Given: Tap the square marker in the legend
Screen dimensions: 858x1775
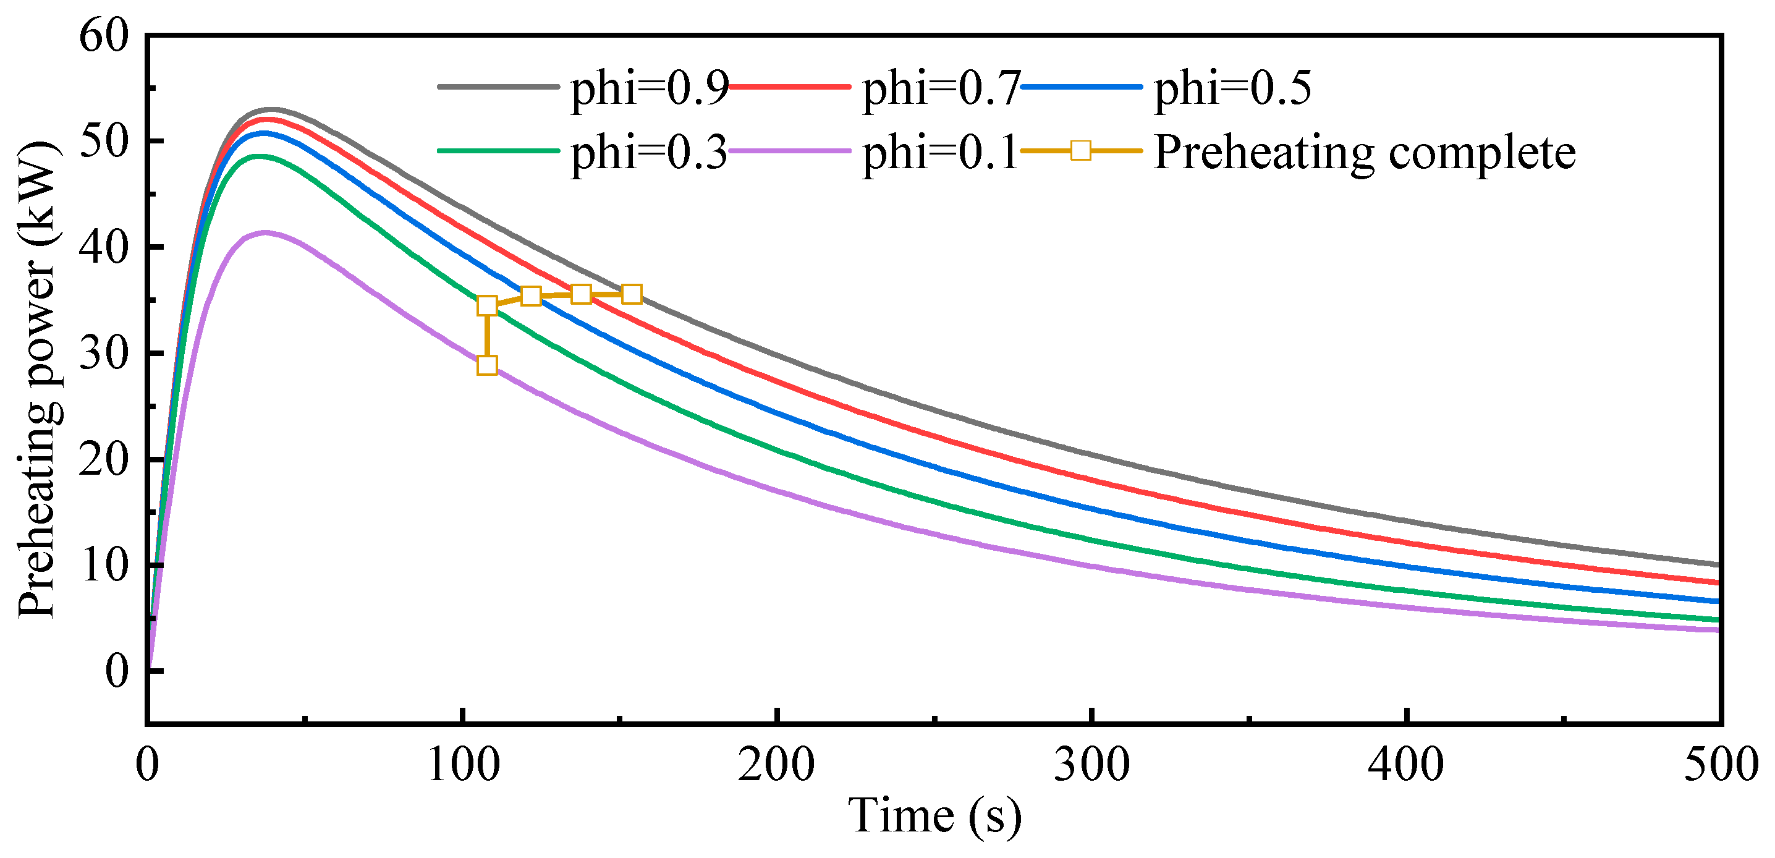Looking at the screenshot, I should coord(1081,150).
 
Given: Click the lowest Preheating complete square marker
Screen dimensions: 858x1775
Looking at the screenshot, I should coord(487,365).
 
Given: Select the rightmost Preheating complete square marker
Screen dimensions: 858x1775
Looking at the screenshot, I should coord(632,294).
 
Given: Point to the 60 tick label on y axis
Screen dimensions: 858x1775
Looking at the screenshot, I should coord(103,36).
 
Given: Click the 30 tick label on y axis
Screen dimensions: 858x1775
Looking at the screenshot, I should coord(103,354).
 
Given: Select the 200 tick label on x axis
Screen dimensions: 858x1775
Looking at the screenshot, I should coord(776,764).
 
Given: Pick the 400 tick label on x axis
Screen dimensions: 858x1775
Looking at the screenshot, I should coord(1405,764).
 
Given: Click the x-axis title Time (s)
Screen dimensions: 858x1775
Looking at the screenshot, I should coord(934,816).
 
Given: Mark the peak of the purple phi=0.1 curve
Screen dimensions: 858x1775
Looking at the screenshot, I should coord(265,232).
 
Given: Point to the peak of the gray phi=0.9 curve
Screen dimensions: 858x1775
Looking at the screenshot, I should coord(272,109).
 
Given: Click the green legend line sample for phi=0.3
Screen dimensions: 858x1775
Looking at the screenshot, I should coord(498,150).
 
